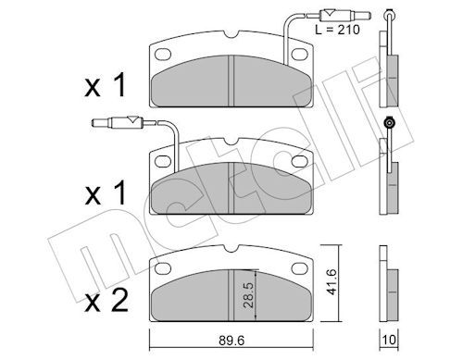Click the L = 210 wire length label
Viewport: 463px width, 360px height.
337,30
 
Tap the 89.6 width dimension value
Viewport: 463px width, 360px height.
231,341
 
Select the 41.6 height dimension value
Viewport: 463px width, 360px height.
331,281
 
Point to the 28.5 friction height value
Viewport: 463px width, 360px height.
248,294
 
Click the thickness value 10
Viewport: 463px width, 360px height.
389,340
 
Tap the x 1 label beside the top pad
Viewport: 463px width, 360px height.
106,85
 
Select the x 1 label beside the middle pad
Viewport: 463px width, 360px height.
106,193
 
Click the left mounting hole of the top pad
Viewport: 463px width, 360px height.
163,54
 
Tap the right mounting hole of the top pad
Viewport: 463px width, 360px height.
299,55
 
